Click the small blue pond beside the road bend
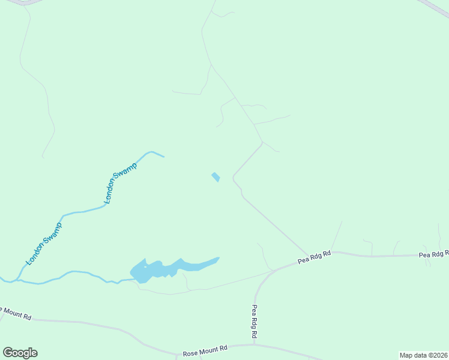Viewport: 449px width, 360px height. tap(215, 177)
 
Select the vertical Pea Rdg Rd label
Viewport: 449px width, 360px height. tap(255, 320)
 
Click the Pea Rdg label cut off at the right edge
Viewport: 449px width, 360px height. tap(433, 255)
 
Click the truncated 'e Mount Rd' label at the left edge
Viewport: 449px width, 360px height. tap(15, 312)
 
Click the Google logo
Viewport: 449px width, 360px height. tap(20, 353)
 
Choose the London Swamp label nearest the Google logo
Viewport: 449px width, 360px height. tap(44, 244)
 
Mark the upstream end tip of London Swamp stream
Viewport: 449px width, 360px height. tap(164, 157)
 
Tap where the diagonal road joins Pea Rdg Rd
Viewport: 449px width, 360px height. tap(309, 254)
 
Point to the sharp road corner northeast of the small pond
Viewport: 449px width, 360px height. tap(262, 142)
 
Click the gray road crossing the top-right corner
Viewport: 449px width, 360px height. tap(435, 7)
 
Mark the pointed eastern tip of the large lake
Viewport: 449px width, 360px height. tap(218, 259)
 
